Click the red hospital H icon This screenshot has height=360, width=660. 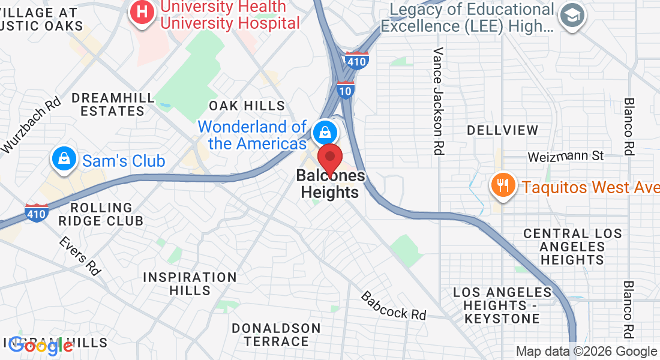[x=142, y=11]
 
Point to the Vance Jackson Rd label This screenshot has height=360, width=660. [x=439, y=101]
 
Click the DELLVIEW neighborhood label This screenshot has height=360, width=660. [x=503, y=130]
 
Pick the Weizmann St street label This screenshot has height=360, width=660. [x=565, y=156]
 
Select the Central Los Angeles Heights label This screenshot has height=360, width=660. [x=572, y=247]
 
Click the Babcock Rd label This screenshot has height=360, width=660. [x=393, y=305]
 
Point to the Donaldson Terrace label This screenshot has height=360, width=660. [x=276, y=335]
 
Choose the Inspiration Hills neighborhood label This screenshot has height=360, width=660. [x=190, y=284]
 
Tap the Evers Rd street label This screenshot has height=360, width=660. [x=79, y=256]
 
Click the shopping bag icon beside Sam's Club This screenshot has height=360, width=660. [x=63, y=158]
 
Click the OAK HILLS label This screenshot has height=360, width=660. [x=247, y=106]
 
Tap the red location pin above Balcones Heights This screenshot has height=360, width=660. [x=329, y=160]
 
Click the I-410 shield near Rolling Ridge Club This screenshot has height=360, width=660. [x=37, y=212]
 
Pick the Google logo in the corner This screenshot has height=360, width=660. [x=41, y=345]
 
